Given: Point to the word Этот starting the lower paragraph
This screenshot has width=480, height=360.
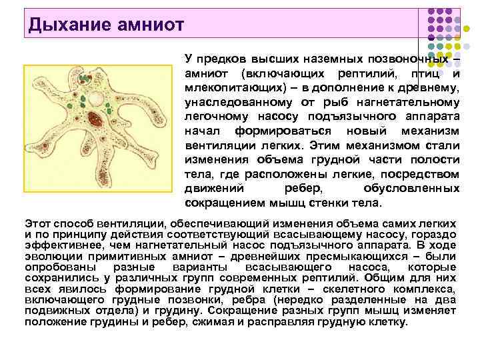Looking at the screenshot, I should tap(39, 224).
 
